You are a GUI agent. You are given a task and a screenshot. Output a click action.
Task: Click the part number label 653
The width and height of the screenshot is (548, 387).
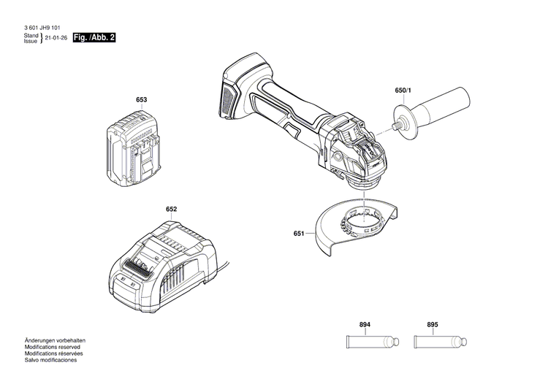click(x=141, y=100)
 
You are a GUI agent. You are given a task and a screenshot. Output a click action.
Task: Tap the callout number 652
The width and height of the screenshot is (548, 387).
click(x=171, y=210)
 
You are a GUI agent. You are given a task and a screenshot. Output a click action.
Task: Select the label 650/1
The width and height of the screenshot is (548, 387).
click(x=403, y=91)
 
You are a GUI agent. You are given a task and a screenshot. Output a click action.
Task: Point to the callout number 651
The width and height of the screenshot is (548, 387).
click(x=298, y=234)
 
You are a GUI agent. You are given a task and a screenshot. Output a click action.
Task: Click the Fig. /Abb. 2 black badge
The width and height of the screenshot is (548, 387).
click(x=95, y=37)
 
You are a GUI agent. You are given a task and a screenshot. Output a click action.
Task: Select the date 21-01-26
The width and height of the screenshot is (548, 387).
click(x=55, y=38)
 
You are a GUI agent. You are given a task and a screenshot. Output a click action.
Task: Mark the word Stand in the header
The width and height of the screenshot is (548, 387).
click(x=30, y=35)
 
